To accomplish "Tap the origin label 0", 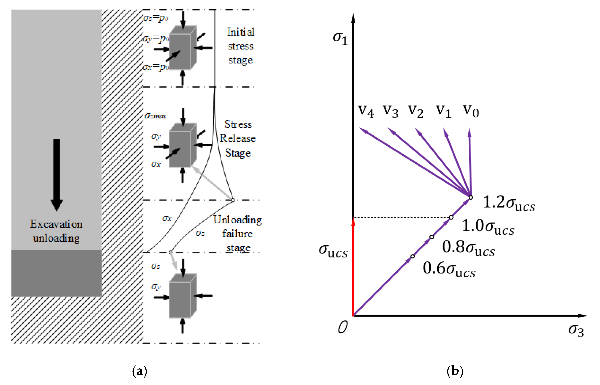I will pos(343,327).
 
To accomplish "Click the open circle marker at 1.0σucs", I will pos(451,217).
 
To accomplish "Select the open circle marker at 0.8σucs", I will pos(432,237).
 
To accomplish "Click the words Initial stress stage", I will pos(241,46).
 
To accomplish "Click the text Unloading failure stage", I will pos(238,234).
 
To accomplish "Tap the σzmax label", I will pos(155,115).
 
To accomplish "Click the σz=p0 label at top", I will pos(155,18).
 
